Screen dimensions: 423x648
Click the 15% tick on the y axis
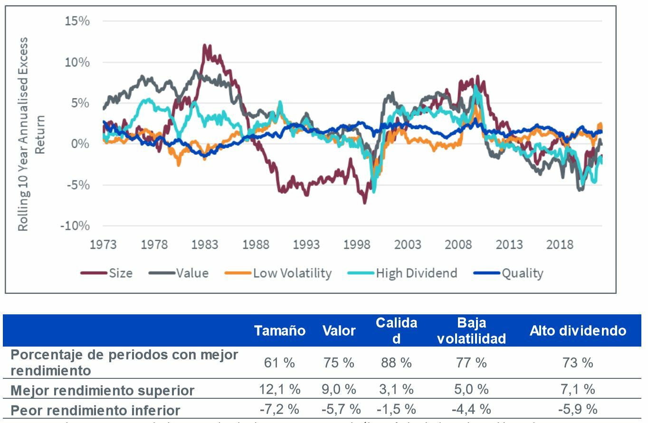click(x=77, y=21)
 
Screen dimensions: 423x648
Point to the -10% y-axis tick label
click(x=75, y=226)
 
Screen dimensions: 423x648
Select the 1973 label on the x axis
click(x=103, y=245)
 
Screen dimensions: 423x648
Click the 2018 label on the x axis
click(x=560, y=245)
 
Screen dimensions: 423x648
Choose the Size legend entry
click(x=107, y=273)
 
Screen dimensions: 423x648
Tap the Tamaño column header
click(x=279, y=331)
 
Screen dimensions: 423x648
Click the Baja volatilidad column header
click(x=471, y=331)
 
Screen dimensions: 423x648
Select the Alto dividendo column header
click(x=578, y=331)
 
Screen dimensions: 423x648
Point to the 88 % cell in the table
click(x=396, y=363)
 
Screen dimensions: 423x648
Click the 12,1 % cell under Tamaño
click(x=279, y=390)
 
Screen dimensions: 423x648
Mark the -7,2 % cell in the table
click(x=279, y=409)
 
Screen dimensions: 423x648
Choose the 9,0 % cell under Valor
click(x=339, y=390)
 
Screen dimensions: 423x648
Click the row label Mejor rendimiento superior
click(x=103, y=391)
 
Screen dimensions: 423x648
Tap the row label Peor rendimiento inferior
click(x=95, y=410)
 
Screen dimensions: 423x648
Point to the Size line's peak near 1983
click(x=205, y=46)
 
